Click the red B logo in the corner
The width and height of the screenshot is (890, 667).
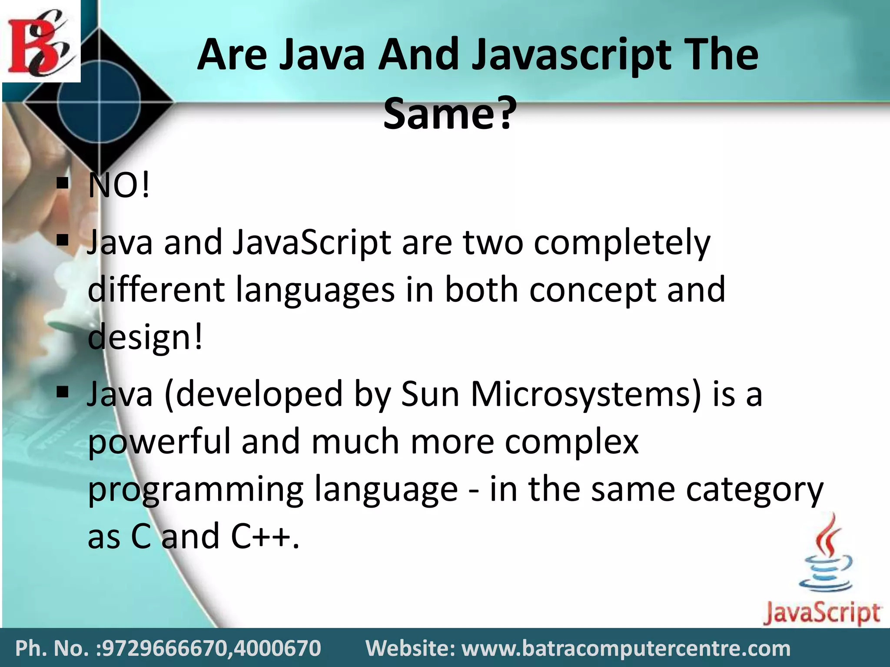[x=40, y=41]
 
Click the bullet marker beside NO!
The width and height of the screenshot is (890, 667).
[x=63, y=183]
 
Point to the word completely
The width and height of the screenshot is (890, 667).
[x=622, y=243]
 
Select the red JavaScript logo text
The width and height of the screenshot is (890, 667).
[x=822, y=613]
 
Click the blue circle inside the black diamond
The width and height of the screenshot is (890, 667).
[x=100, y=102]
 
